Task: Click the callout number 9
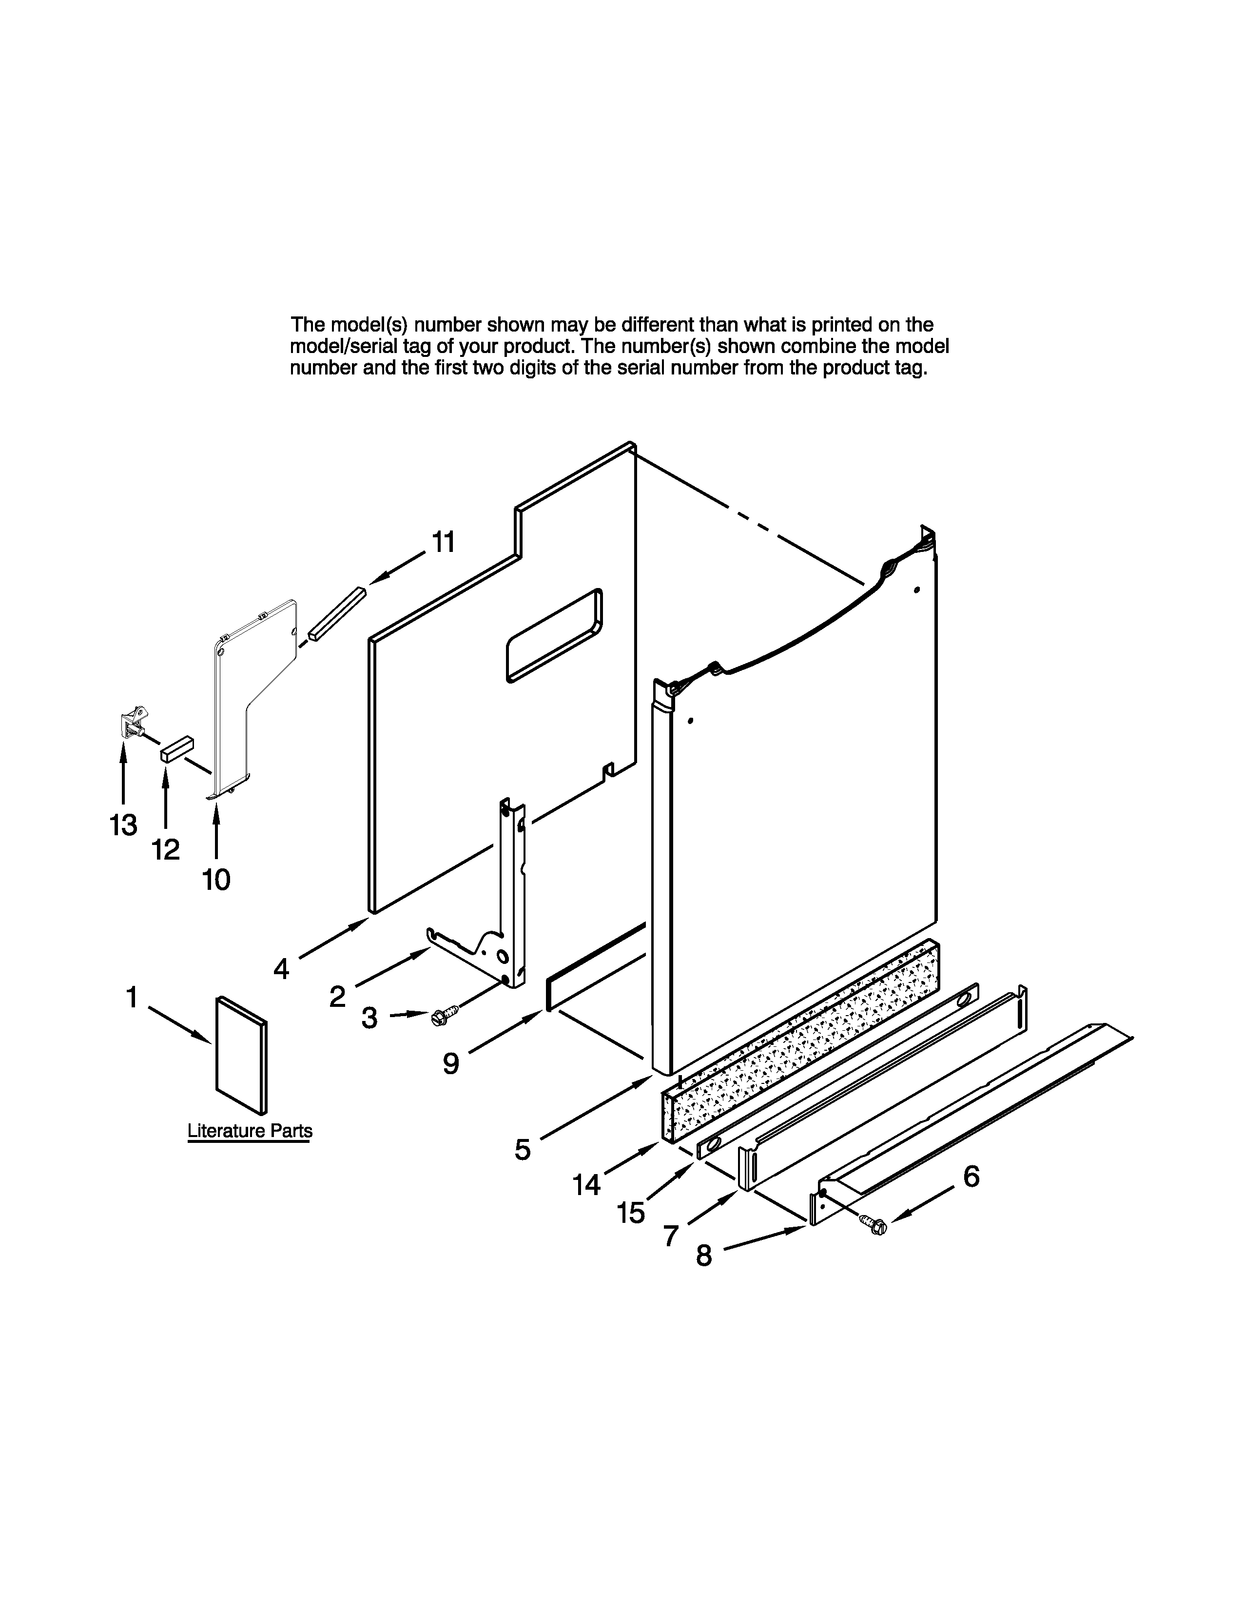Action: (451, 1063)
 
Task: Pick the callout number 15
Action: (631, 1213)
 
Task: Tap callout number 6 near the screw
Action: (971, 1177)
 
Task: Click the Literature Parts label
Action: (250, 1131)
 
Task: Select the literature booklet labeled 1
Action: (241, 1055)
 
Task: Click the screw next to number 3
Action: (444, 1015)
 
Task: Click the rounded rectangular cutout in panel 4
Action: (554, 635)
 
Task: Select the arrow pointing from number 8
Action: (766, 1237)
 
